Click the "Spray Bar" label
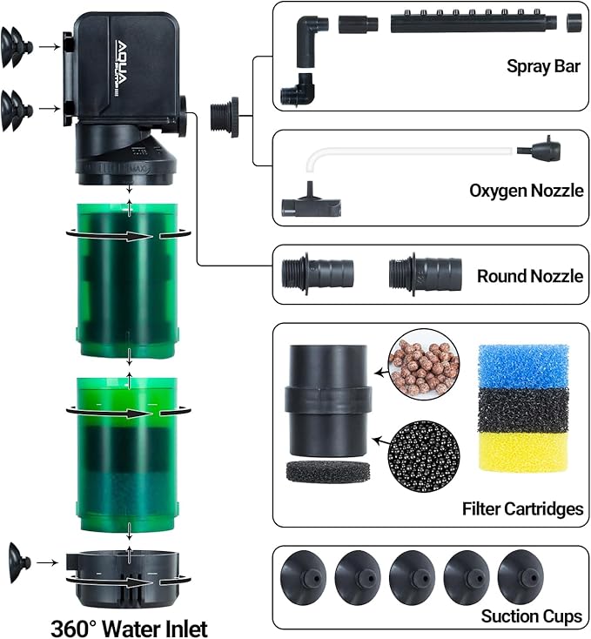543,66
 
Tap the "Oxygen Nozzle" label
526,191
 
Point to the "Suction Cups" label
531,616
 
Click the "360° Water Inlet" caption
129,626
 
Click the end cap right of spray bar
575,22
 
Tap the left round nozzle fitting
318,272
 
